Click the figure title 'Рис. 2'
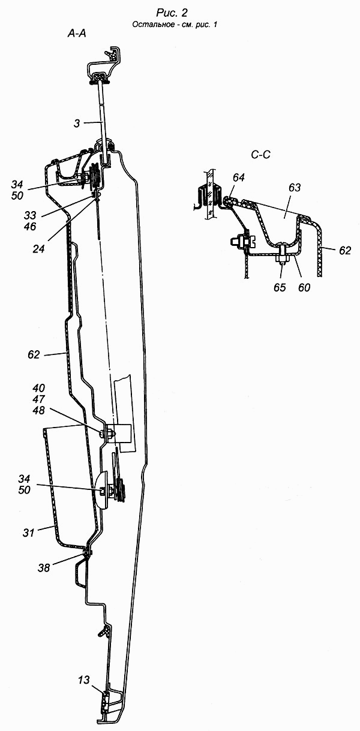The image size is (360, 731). coord(172,13)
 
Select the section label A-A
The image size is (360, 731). coord(77,34)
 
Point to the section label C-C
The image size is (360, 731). coord(261,154)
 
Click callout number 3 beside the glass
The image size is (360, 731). coord(77,124)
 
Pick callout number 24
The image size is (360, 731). coord(38,249)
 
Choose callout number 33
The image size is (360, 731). coord(30,215)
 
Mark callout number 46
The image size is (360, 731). coord(30,227)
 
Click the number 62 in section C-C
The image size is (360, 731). coord(344,250)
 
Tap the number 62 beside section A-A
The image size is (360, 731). coord(34,355)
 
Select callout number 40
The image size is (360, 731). coord(39,389)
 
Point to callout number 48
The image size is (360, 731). coord(39,411)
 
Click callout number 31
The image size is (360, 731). coord(28,533)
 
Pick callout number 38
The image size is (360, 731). coord(44,568)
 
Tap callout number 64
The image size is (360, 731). coord(239,177)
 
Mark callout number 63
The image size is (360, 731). coord(295,188)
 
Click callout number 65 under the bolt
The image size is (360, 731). coord(280,287)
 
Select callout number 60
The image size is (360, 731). coord(304,287)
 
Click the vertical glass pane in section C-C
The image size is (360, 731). coord(210,195)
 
